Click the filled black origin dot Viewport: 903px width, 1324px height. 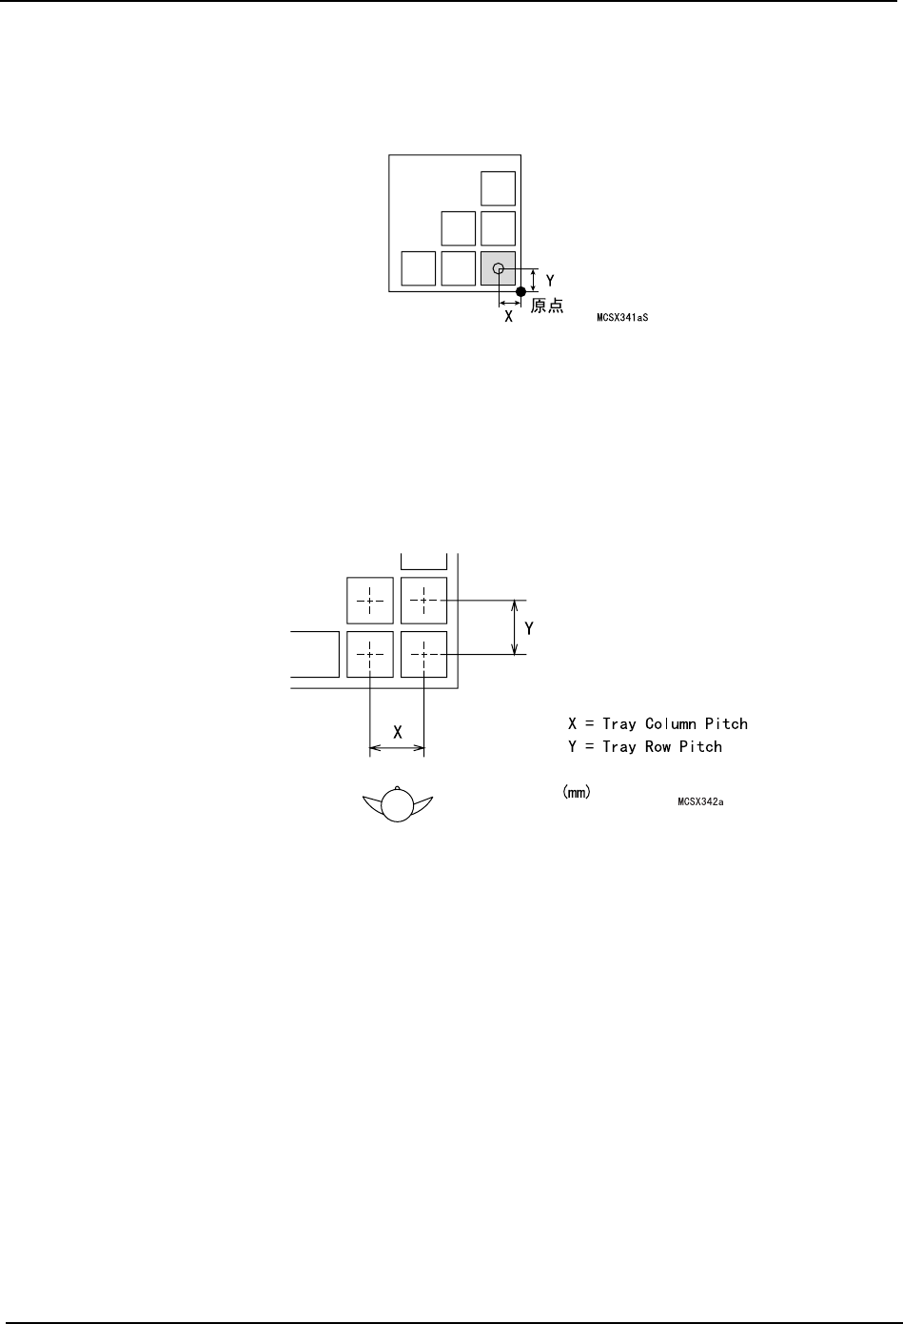(x=520, y=291)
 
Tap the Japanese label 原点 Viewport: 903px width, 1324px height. (x=547, y=306)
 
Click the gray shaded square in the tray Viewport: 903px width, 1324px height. (x=498, y=268)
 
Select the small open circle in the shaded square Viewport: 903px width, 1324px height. (x=498, y=269)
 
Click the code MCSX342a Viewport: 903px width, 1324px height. (x=701, y=802)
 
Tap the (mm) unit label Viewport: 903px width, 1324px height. (x=576, y=792)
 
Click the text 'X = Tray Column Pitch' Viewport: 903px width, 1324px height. (x=658, y=724)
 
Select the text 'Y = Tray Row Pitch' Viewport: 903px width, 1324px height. (x=644, y=747)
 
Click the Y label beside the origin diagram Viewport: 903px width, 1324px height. (x=550, y=282)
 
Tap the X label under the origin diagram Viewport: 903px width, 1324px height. (x=508, y=316)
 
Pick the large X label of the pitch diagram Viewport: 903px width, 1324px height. (x=398, y=733)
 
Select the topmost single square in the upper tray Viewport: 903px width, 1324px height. (x=498, y=188)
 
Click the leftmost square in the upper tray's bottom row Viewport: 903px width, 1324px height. (x=419, y=268)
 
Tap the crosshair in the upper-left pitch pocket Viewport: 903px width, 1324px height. (x=370, y=601)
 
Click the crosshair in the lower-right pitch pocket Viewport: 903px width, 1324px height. (x=424, y=654)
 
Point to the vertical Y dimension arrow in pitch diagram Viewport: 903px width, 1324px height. (x=516, y=627)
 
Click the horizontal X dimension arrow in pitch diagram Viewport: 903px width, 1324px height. (x=397, y=749)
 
